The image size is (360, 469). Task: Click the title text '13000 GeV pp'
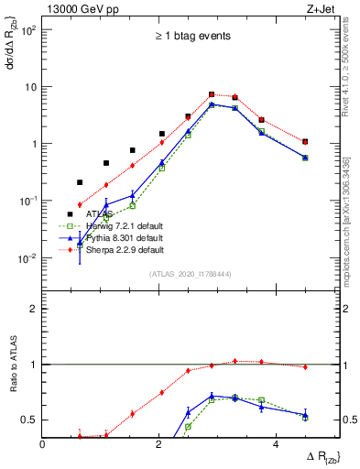[79, 10]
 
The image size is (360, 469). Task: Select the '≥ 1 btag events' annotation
[192, 36]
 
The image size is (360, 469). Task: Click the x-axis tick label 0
[43, 444]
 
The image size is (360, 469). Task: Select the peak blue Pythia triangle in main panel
[212, 104]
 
